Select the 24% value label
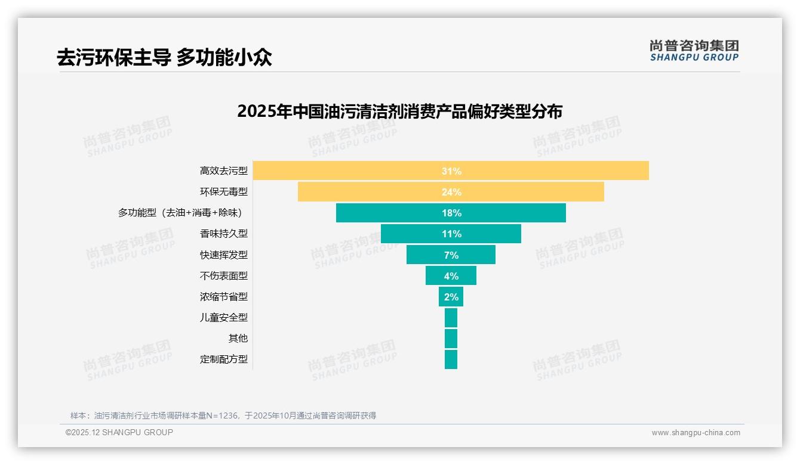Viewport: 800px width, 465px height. pyautogui.click(x=451, y=192)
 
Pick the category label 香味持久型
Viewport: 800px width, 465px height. pyautogui.click(x=223, y=234)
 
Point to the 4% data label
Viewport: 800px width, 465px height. pyautogui.click(x=451, y=276)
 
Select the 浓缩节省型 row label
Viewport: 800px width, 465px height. pyautogui.click(x=223, y=296)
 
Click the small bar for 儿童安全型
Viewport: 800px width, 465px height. pyautogui.click(x=451, y=318)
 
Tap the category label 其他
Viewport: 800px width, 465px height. pyautogui.click(x=238, y=338)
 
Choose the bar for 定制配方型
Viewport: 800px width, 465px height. pyautogui.click(x=451, y=359)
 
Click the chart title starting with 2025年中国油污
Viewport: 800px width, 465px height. pyautogui.click(x=399, y=111)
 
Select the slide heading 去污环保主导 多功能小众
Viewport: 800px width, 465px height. pyautogui.click(x=164, y=57)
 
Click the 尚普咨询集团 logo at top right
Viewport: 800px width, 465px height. pyautogui.click(x=694, y=50)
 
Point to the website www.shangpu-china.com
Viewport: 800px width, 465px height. pyautogui.click(x=696, y=433)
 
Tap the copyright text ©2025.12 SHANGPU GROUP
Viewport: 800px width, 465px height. pyautogui.click(x=119, y=433)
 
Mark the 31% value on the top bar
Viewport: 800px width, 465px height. pyautogui.click(x=451, y=171)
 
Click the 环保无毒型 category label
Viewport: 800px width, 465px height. pyautogui.click(x=223, y=192)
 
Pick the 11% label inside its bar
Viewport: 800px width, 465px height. pyautogui.click(x=451, y=234)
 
